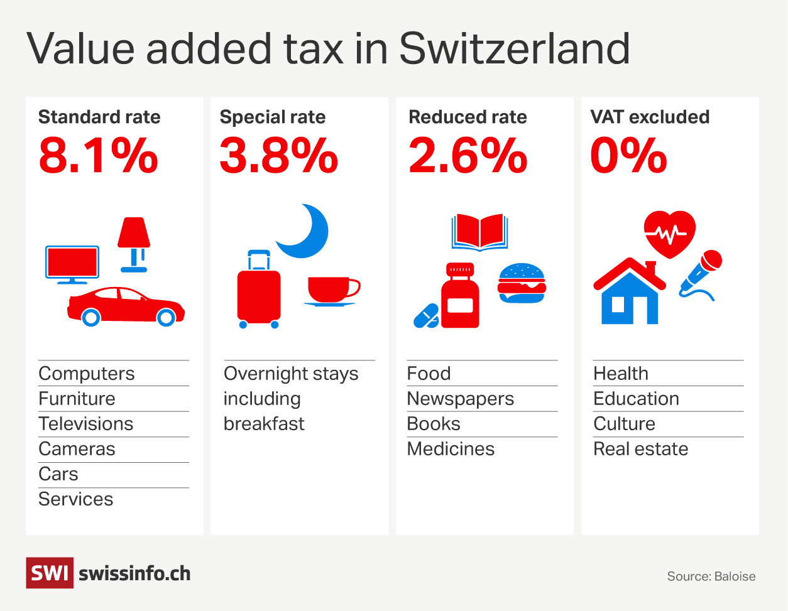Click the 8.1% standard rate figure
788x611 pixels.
pos(98,156)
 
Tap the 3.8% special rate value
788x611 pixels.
pos(278,156)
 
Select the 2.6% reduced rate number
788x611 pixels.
pos(468,156)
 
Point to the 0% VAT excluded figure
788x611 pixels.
pos(628,156)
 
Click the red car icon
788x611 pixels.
pos(126,306)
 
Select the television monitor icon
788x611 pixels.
pos(72,264)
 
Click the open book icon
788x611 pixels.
pos(479,232)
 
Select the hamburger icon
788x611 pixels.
pos(522,283)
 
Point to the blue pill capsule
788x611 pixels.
pos(426,316)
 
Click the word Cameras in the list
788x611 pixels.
pos(77,449)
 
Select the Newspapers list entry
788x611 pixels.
pos(460,399)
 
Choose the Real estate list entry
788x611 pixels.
pos(640,449)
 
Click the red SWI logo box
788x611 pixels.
pos(49,573)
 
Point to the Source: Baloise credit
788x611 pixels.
pos(711,576)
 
